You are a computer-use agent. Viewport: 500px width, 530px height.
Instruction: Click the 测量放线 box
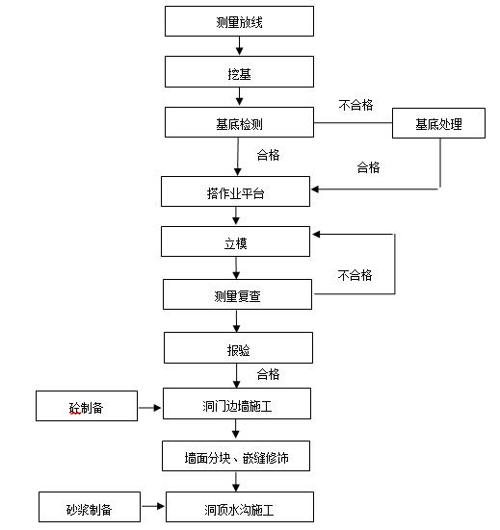239,21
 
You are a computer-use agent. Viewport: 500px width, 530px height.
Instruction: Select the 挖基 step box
239,71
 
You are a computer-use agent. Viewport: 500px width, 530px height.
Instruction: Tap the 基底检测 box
239,122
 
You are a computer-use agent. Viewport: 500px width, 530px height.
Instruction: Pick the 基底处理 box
438,124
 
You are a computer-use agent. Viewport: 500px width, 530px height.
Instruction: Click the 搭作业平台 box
235,192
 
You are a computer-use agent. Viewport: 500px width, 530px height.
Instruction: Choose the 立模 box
235,242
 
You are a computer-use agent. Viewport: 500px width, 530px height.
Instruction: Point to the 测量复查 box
237,295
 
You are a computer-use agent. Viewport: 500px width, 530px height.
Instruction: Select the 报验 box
237,347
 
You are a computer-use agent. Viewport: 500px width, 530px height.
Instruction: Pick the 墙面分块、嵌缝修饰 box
237,457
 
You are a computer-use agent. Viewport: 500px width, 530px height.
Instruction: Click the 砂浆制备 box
90,506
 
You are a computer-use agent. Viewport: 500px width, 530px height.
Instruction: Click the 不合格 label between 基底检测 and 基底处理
355,105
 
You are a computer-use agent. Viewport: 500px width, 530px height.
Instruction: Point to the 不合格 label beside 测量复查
354,275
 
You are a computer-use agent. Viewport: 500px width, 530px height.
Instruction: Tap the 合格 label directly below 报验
268,373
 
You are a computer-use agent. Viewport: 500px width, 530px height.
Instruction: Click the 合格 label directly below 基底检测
268,153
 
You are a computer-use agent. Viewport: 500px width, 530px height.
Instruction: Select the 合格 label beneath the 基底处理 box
368,166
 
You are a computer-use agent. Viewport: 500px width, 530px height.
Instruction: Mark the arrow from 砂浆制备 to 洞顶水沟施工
153,506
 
